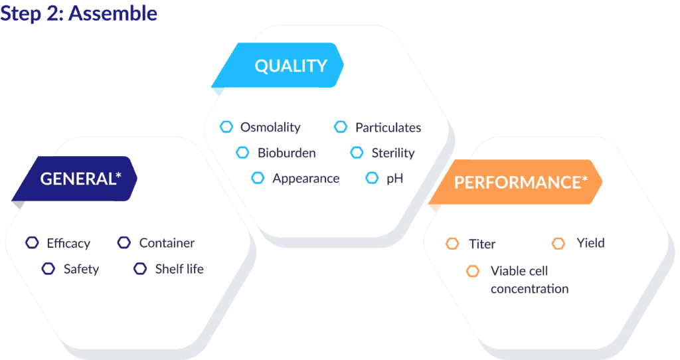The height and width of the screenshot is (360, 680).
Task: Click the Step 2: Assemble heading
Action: (x=78, y=13)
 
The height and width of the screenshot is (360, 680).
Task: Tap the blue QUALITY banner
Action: (x=278, y=66)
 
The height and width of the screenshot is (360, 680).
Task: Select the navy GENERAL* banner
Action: (x=74, y=179)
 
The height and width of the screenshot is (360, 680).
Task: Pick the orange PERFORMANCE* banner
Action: (x=515, y=182)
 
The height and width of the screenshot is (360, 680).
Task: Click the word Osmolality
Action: (x=270, y=127)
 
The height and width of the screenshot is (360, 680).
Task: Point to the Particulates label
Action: (x=388, y=128)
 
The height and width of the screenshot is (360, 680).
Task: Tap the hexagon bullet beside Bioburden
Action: (x=242, y=153)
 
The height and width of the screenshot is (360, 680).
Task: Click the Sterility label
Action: (x=393, y=153)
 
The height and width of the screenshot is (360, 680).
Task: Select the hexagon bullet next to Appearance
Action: (x=258, y=178)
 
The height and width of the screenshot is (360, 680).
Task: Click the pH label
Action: (x=394, y=178)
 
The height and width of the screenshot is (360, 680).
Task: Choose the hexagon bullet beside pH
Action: (x=372, y=178)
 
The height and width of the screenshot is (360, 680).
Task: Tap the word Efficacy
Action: (x=68, y=243)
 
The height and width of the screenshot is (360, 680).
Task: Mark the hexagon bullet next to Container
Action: (x=124, y=242)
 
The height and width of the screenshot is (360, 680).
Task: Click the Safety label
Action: (x=81, y=270)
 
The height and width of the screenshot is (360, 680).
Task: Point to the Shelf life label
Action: (x=179, y=269)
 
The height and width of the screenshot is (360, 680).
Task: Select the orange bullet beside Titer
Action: (x=452, y=244)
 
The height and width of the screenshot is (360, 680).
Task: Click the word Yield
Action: (x=590, y=243)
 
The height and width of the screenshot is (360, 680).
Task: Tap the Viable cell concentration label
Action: (x=529, y=280)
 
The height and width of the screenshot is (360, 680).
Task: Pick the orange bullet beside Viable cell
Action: (x=473, y=271)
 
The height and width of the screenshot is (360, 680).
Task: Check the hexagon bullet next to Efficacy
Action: (x=32, y=242)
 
